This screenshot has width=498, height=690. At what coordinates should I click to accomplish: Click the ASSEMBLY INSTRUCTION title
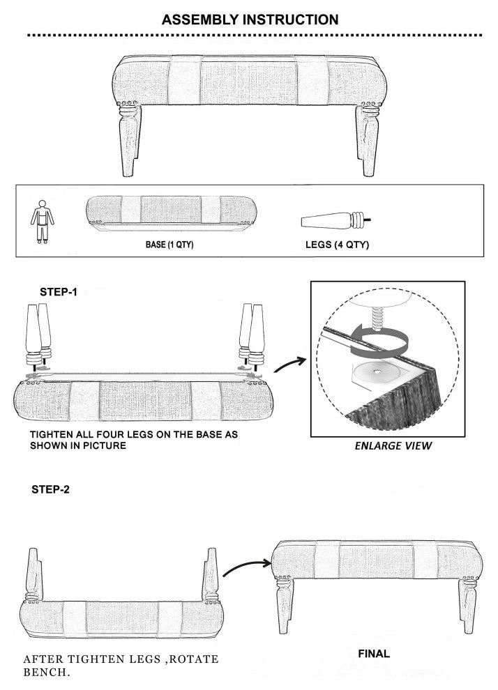[250, 20]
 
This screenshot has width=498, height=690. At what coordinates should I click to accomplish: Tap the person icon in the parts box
[43, 222]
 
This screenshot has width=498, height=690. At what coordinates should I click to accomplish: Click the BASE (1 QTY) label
[169, 244]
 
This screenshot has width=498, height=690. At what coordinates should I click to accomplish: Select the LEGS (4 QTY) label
[337, 245]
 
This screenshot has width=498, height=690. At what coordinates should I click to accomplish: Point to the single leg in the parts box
[336, 220]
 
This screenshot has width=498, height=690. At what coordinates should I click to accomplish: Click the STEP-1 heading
[58, 292]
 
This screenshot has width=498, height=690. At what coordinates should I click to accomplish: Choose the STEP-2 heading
[50, 489]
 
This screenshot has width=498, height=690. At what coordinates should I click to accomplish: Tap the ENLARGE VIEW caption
[393, 446]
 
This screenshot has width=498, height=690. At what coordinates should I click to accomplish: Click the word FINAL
[374, 654]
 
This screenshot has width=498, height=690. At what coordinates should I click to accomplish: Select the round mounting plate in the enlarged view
[377, 372]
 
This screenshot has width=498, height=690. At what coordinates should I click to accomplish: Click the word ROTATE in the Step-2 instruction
[194, 659]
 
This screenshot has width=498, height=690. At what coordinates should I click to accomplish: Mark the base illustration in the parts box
[171, 213]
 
